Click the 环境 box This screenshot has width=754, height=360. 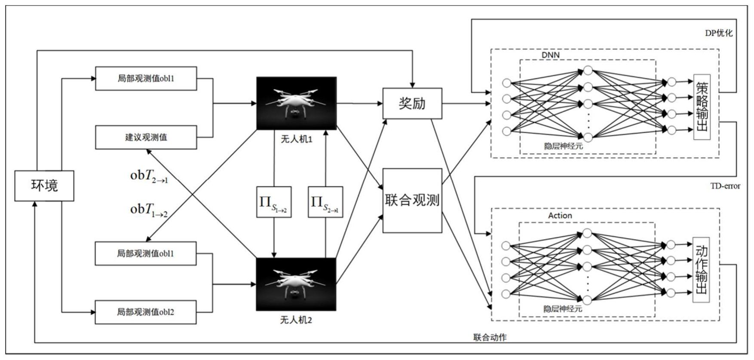44,186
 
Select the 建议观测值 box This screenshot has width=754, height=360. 146,137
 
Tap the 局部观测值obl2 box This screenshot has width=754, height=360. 145,312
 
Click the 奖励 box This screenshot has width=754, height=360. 412,104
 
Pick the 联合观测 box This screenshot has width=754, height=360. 412,200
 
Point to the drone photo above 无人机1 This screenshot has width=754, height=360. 296,103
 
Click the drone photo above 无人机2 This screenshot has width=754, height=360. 296,284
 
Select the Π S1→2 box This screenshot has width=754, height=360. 274,202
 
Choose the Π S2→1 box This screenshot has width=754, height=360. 325,202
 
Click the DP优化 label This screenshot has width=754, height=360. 719,33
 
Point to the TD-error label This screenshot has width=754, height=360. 725,186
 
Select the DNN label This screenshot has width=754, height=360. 550,55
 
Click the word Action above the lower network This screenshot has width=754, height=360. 560,216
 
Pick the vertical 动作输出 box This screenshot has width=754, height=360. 701,270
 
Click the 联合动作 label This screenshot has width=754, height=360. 490,337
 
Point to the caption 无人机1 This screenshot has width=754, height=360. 296,139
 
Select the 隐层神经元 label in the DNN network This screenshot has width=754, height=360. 563,146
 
